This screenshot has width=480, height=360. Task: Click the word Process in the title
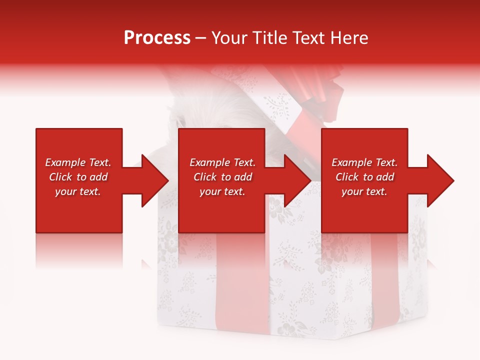pyautogui.click(x=157, y=38)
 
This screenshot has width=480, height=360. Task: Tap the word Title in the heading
pyautogui.click(x=269, y=38)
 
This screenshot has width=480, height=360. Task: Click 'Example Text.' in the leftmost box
pyautogui.click(x=78, y=162)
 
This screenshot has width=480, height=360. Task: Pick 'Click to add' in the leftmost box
pyautogui.click(x=78, y=177)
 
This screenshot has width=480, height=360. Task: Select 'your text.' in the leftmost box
pyautogui.click(x=78, y=191)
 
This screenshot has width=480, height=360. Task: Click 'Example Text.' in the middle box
pyautogui.click(x=222, y=162)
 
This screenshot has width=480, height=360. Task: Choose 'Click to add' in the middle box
pyautogui.click(x=222, y=177)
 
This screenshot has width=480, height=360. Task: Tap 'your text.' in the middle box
pyautogui.click(x=222, y=191)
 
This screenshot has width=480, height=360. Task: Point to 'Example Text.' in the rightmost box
pyautogui.click(x=364, y=162)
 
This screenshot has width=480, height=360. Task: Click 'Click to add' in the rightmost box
pyautogui.click(x=364, y=177)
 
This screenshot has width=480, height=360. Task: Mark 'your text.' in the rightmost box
pyautogui.click(x=364, y=191)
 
